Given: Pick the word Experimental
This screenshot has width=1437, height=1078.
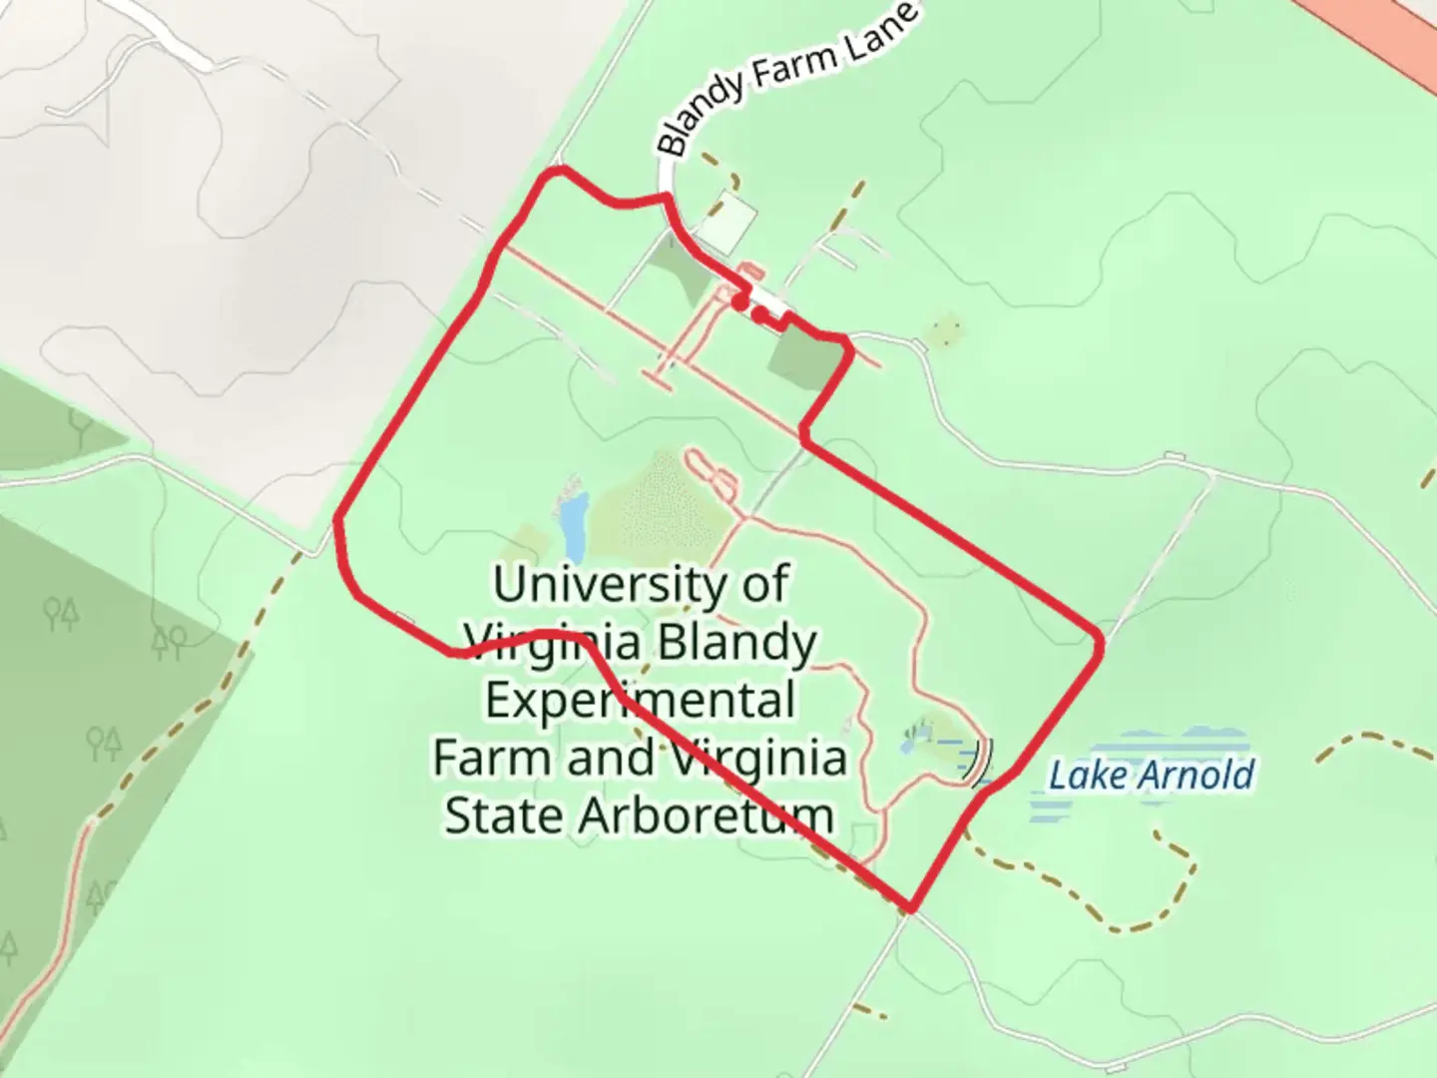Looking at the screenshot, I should click(x=640, y=701).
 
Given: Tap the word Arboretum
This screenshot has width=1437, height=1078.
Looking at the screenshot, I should click(x=707, y=815).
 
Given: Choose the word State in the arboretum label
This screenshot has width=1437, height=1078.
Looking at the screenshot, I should click(x=505, y=815).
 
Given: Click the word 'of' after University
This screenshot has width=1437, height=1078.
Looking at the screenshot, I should click(x=764, y=584).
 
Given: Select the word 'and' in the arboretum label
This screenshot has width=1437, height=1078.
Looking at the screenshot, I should click(x=612, y=758).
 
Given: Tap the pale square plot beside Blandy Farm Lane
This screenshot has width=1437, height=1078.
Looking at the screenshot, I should click(x=727, y=221).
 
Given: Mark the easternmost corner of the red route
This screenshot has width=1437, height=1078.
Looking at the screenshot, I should click(x=1100, y=644).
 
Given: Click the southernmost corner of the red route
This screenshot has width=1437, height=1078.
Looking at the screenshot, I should click(x=910, y=908).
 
